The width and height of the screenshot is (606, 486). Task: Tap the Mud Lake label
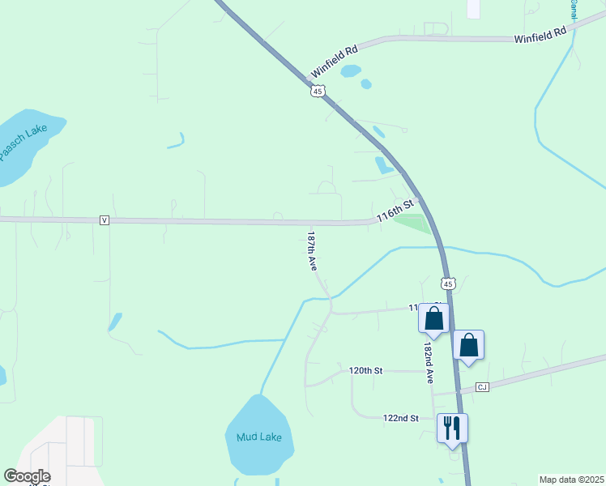[259, 437]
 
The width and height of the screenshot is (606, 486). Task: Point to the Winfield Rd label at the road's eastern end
[540, 36]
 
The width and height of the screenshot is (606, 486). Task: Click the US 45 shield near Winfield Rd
[318, 91]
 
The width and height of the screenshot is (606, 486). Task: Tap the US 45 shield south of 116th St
[449, 283]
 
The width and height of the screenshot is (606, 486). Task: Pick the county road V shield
[105, 220]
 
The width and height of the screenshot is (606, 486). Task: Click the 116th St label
[395, 212]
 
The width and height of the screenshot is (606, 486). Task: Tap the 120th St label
[365, 370]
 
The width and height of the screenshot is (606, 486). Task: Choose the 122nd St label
[400, 418]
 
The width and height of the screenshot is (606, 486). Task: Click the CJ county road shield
[482, 387]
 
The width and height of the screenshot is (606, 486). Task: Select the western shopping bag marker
[433, 318]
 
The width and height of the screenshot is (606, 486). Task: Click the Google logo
[27, 476]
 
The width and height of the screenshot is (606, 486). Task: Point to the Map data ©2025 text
[571, 480]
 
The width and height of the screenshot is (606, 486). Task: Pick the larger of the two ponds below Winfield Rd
[350, 71]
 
